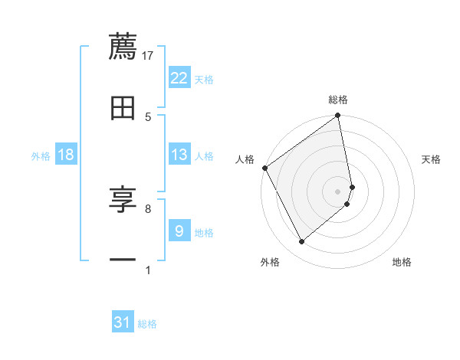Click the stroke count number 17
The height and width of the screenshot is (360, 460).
coord(148,55)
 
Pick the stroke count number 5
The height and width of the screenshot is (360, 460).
coord(148,116)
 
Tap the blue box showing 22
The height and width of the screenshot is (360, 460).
coord(179,78)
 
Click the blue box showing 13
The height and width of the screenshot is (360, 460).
coord(179,155)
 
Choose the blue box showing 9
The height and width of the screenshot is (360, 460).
coord(179,231)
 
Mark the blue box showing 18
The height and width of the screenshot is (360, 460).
coord(66,155)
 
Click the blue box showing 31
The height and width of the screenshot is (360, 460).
coord(123,322)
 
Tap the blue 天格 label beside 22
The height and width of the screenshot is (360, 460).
coord(204,79)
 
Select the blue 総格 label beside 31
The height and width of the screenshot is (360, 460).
coord(147,323)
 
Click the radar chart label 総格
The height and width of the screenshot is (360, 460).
coord(338,100)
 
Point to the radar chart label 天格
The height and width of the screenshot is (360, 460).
coord(431,159)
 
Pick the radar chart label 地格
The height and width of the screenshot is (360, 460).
coord(402,262)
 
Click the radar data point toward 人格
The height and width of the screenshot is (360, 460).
coord(264,168)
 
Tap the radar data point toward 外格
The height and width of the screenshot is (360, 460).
coord(302,241)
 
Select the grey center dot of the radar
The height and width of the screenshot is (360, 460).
coord(338,191)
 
